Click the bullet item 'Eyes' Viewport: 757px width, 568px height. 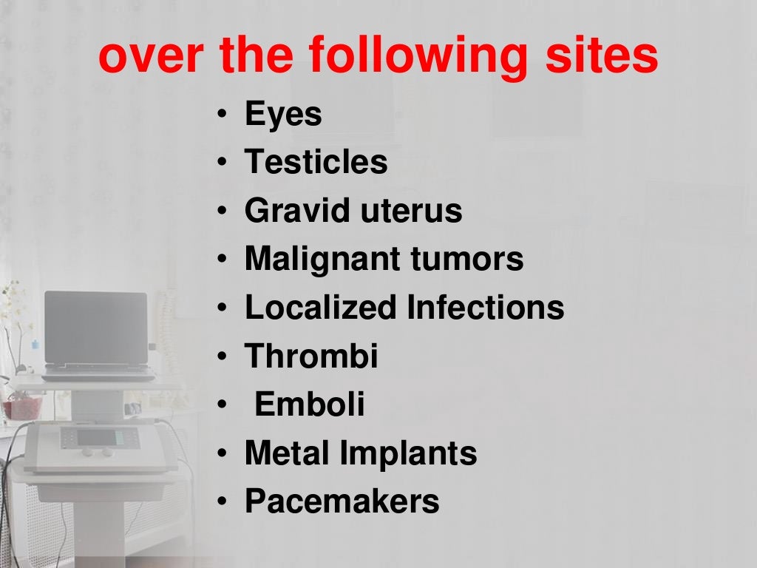pyautogui.click(x=283, y=115)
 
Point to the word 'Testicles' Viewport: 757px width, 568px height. pyautogui.click(x=316, y=162)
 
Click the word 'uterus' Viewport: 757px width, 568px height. pyautogui.click(x=411, y=211)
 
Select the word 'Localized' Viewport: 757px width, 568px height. pyautogui.click(x=320, y=308)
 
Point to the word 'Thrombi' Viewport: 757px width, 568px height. pyautogui.click(x=311, y=356)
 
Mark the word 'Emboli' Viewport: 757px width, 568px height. pyautogui.click(x=309, y=405)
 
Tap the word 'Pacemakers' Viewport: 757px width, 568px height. pyautogui.click(x=342, y=501)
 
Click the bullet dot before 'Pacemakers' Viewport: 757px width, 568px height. pyautogui.click(x=223, y=503)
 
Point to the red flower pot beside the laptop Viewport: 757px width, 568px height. pyautogui.click(x=21, y=405)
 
